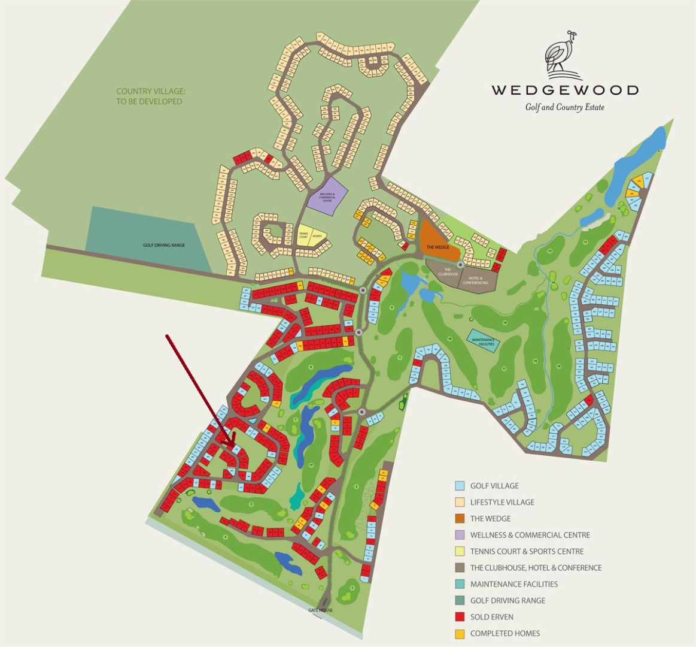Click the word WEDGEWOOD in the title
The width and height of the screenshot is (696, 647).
[565, 90]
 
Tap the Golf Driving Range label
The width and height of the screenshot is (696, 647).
[163, 245]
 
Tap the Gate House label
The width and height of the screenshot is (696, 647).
[320, 610]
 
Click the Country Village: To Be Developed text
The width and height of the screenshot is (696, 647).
[151, 96]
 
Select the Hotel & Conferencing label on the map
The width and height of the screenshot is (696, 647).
[476, 280]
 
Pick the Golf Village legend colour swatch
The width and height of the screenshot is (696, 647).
[460, 486]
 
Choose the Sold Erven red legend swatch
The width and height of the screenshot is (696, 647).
[460, 616]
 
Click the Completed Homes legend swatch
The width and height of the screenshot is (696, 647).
[460, 633]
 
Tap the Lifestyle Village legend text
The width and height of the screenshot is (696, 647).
[502, 502]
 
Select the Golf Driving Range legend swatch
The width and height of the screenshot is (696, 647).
[460, 600]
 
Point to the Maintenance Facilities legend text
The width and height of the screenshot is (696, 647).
[513, 584]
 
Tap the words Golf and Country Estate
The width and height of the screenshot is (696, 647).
[564, 107]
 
